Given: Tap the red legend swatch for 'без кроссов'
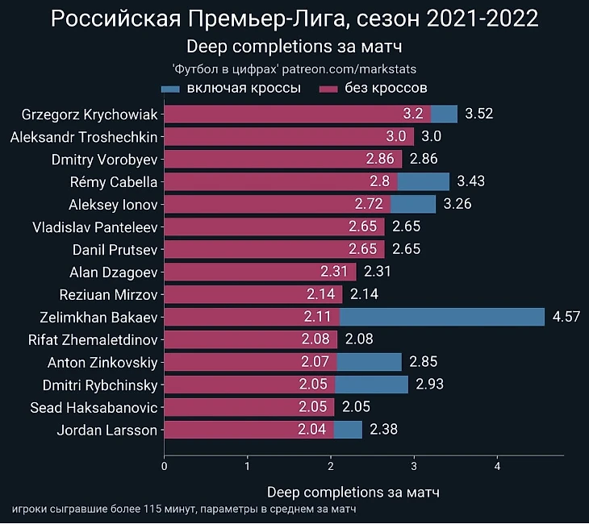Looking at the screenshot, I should [x=328, y=88].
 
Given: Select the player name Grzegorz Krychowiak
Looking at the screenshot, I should [x=90, y=114].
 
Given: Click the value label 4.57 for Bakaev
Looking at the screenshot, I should [x=566, y=317].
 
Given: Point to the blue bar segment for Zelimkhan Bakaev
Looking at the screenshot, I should [x=442, y=317].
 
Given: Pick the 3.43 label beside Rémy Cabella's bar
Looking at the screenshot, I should [x=470, y=181].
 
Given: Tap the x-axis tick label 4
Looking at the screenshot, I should [x=497, y=465].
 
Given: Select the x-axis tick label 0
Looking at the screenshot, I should [x=165, y=465].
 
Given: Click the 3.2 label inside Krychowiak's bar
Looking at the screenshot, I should [x=413, y=114].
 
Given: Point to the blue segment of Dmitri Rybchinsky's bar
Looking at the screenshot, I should [x=372, y=385].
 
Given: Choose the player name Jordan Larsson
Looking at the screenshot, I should [x=107, y=430].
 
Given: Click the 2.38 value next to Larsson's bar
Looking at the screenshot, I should [x=383, y=430].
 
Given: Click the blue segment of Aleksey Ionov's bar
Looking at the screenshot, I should [x=412, y=204].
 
